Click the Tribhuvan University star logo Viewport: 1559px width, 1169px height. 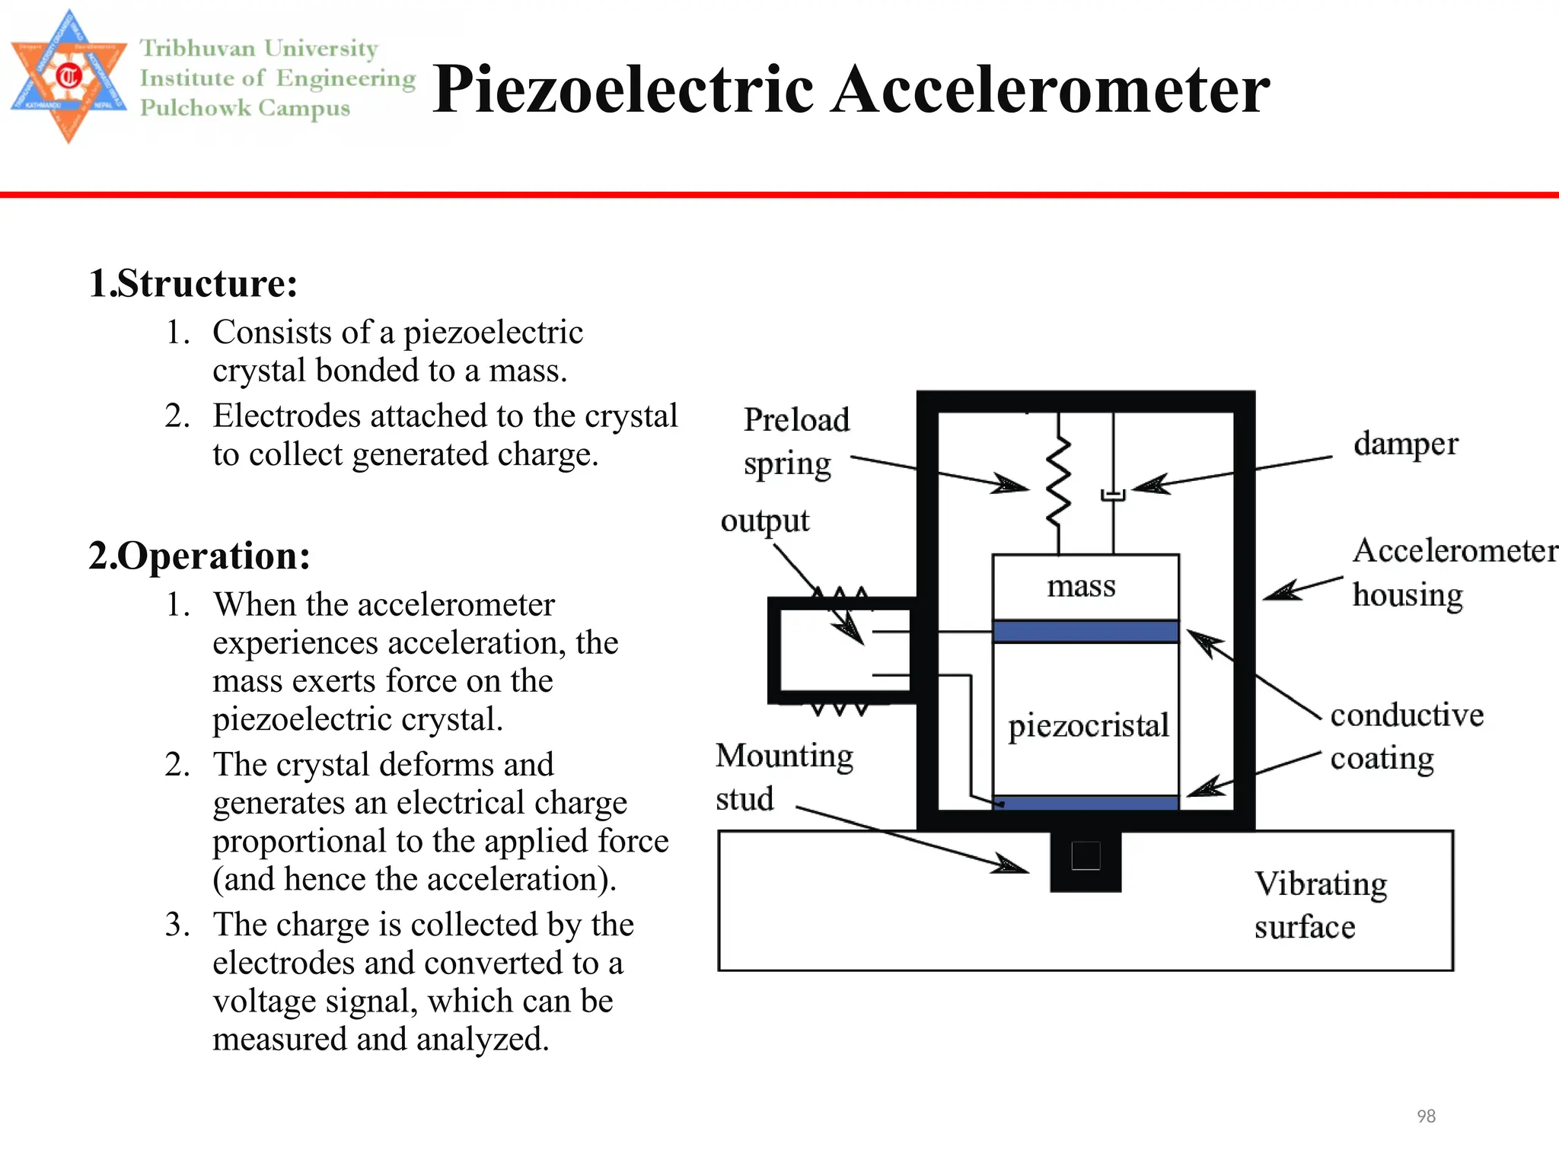point(69,76)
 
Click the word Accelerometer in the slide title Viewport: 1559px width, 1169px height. point(1050,90)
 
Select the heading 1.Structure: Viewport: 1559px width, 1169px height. point(193,283)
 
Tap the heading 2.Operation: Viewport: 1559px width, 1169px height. point(199,556)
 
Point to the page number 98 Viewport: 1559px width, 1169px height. point(1426,1116)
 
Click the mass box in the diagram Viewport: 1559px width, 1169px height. point(1085,587)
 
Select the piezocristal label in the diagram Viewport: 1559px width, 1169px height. point(1088,725)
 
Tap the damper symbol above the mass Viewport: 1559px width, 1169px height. point(1113,495)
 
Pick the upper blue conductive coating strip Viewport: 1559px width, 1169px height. point(1086,632)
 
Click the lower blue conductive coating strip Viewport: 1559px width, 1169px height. point(1086,803)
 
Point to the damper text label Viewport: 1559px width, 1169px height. point(1405,444)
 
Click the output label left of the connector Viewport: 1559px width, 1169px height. point(764,521)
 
